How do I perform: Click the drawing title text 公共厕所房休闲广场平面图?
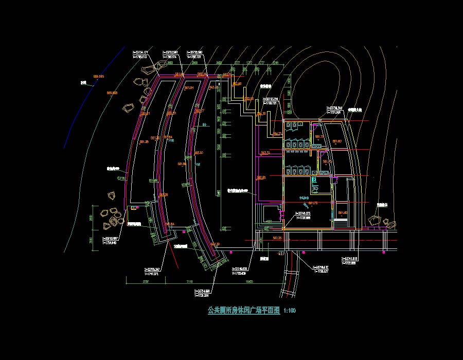(x=243, y=311)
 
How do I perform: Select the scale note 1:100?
(x=290, y=311)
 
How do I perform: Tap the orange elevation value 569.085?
(x=98, y=77)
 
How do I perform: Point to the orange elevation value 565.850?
(x=112, y=93)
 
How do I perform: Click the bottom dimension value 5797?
(x=145, y=282)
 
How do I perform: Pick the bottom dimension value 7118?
(x=189, y=282)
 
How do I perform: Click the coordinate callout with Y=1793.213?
(x=140, y=55)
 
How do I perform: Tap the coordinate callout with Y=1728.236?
(x=201, y=293)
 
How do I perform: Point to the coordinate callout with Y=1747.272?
(x=154, y=271)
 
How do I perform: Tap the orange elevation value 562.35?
(x=276, y=238)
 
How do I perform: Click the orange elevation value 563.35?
(x=265, y=153)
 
